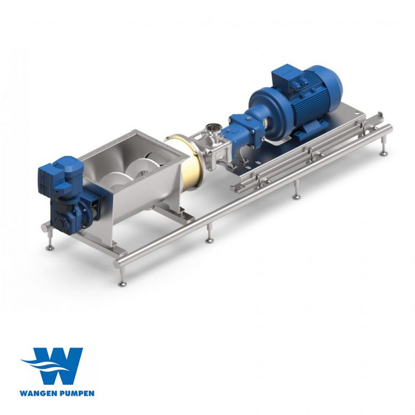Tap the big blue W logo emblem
click(53, 366)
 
